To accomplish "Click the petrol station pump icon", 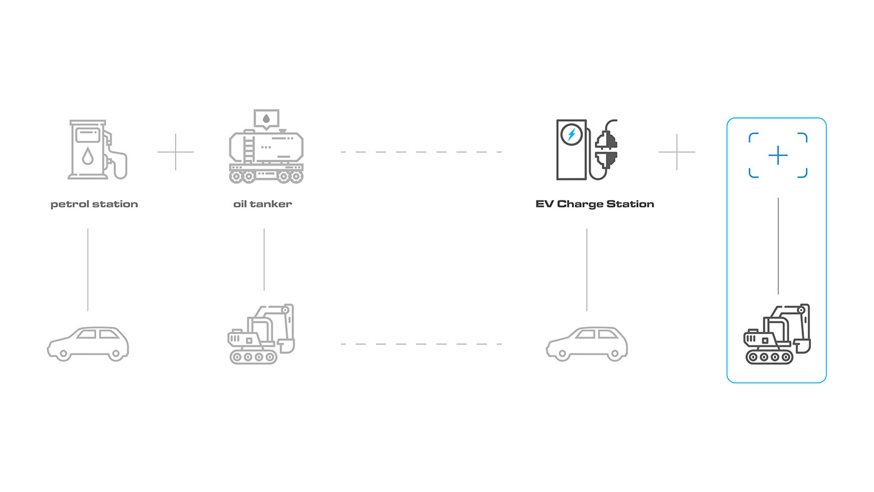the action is (x=96, y=150).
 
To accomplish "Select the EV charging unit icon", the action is (x=571, y=150).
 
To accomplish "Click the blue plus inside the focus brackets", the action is (x=778, y=155).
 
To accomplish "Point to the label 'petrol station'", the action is (x=94, y=204).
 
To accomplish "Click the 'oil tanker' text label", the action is (x=263, y=204).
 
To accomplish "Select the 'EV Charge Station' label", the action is (x=594, y=204).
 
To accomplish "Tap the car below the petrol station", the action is (x=88, y=343).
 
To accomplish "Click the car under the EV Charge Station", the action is (x=587, y=343).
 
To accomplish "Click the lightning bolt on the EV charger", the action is (x=571, y=134).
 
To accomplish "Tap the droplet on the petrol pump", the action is (x=88, y=156).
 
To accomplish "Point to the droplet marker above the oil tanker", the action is (x=267, y=118).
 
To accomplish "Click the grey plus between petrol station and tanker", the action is (x=175, y=152).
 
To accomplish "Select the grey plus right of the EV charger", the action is (x=677, y=152).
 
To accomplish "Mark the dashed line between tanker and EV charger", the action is (x=421, y=152).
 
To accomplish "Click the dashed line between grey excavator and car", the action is (x=421, y=344).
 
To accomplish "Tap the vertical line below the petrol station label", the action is (x=88, y=268).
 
